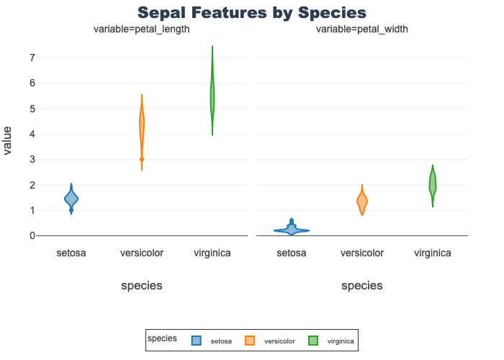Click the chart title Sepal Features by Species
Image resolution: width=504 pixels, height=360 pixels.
point(252,13)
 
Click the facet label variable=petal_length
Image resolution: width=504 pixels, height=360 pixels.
point(142,30)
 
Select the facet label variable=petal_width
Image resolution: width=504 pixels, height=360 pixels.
point(362,30)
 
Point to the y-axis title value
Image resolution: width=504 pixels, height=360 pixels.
point(8,140)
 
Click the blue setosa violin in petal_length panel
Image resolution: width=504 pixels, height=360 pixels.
point(71,198)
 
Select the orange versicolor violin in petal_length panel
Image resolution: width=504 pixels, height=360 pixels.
point(142,126)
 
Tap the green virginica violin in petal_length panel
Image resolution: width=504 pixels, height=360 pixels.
point(212,97)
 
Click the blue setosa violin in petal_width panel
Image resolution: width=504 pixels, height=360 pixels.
point(292,230)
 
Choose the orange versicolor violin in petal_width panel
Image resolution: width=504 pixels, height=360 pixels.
point(362,202)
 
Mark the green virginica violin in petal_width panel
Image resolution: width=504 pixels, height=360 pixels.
point(433,184)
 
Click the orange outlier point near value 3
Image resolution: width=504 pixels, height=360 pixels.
point(142,159)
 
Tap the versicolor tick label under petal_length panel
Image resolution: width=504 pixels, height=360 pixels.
point(142,253)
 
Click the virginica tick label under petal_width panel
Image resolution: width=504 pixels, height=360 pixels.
point(433,253)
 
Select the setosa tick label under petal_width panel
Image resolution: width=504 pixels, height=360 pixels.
point(292,253)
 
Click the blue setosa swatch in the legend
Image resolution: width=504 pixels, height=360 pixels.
point(196,341)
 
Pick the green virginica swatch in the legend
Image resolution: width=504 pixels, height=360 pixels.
point(313,341)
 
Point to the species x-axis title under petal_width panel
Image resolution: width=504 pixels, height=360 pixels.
point(362,286)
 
